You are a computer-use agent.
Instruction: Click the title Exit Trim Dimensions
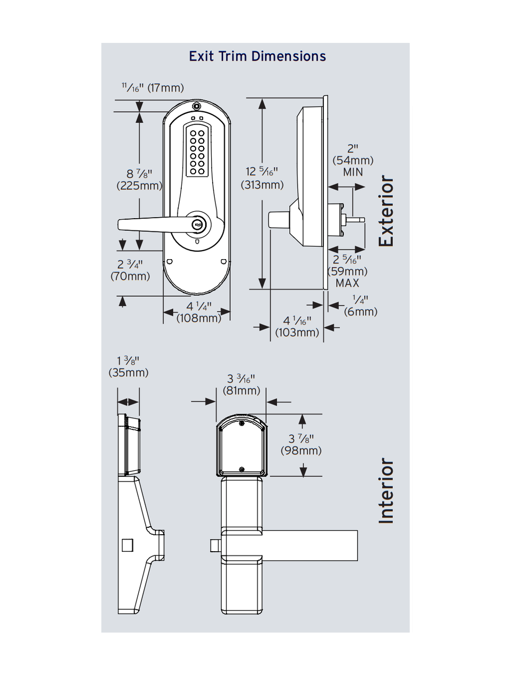(257, 56)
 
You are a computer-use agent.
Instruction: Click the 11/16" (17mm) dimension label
(153, 87)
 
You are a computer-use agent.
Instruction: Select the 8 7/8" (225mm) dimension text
(139, 180)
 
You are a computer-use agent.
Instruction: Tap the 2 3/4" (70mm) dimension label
(130, 270)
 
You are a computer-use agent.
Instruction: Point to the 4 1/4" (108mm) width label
(198, 312)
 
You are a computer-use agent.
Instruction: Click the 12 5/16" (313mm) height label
(262, 178)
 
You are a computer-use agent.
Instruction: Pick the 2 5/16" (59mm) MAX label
(347, 271)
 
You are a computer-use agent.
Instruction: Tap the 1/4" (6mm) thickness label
(360, 306)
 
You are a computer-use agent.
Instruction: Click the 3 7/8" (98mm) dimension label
(301, 445)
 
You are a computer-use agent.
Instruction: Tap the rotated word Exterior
(387, 211)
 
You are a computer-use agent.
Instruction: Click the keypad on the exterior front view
(196, 151)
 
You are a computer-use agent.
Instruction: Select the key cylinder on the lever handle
(197, 225)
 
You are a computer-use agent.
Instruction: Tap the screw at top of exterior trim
(197, 106)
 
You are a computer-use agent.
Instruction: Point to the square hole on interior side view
(127, 545)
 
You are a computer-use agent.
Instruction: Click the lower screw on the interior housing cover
(242, 469)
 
